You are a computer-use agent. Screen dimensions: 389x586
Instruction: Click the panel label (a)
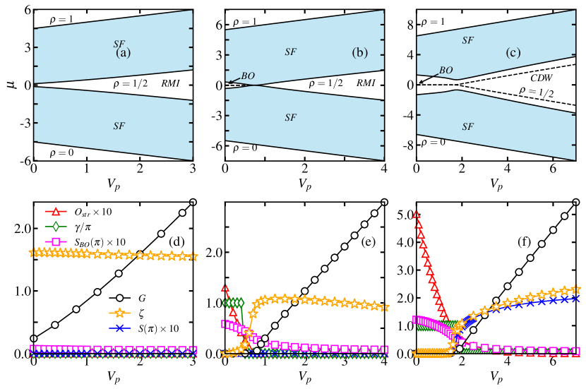pyautogui.click(x=124, y=53)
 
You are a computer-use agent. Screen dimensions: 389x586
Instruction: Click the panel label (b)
pyautogui.click(x=360, y=52)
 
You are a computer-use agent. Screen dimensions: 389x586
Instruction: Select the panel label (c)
pyautogui.click(x=513, y=52)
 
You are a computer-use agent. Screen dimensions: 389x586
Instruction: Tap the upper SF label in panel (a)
pyautogui.click(x=119, y=44)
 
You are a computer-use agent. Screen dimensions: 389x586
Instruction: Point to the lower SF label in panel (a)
pyautogui.click(x=119, y=126)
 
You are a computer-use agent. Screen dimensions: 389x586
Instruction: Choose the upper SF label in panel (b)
pyautogui.click(x=290, y=52)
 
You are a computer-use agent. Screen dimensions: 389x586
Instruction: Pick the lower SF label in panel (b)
pyautogui.click(x=290, y=118)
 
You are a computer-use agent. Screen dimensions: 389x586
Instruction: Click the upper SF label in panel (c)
pyautogui.click(x=467, y=41)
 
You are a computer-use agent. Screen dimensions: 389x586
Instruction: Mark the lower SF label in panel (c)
pyautogui.click(x=467, y=127)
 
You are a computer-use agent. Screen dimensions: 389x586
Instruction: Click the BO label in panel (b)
pyautogui.click(x=248, y=76)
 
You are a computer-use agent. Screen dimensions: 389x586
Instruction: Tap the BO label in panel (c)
pyautogui.click(x=446, y=71)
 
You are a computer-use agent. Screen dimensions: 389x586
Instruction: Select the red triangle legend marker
pyautogui.click(x=56, y=212)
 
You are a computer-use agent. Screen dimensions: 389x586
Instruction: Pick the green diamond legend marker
pyautogui.click(x=56, y=227)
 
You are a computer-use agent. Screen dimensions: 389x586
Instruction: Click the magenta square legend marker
pyautogui.click(x=56, y=241)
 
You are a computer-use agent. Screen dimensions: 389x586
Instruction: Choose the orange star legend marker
pyautogui.click(x=119, y=313)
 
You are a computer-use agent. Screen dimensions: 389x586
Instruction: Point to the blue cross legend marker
pyautogui.click(x=119, y=328)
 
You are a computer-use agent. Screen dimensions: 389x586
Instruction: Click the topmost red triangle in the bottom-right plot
pyautogui.click(x=417, y=215)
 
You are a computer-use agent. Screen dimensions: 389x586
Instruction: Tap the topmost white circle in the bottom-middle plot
pyautogui.click(x=384, y=203)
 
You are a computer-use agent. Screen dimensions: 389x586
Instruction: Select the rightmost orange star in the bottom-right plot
pyautogui.click(x=575, y=289)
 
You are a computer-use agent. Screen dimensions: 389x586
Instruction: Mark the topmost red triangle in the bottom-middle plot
pyautogui.click(x=225, y=288)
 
